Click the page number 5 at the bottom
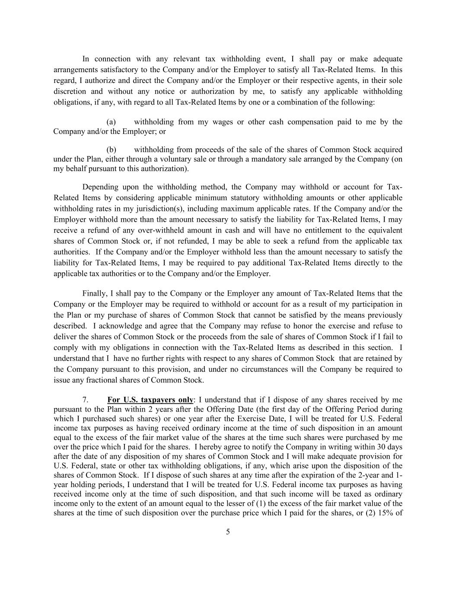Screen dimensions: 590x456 [x=228, y=532]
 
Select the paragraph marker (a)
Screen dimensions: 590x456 [x=111, y=122]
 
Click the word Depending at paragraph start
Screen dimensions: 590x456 [x=100, y=187]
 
